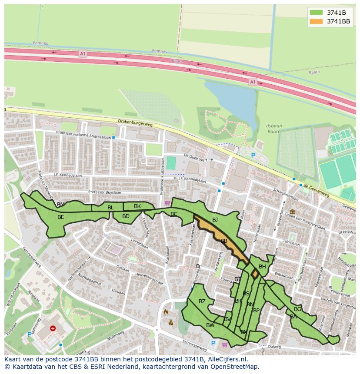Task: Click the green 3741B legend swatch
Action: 317,12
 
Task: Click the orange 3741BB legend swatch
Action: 317,21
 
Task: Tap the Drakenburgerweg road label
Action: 135,123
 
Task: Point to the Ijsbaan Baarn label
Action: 274,129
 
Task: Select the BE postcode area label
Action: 61,217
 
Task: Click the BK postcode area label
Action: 137,206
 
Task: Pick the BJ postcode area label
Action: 215,220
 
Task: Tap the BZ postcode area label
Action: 202,301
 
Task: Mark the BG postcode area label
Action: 297,309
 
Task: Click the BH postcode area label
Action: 262,267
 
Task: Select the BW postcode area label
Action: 210,325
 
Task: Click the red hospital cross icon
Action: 53,329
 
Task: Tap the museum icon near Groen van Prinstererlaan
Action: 292,212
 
